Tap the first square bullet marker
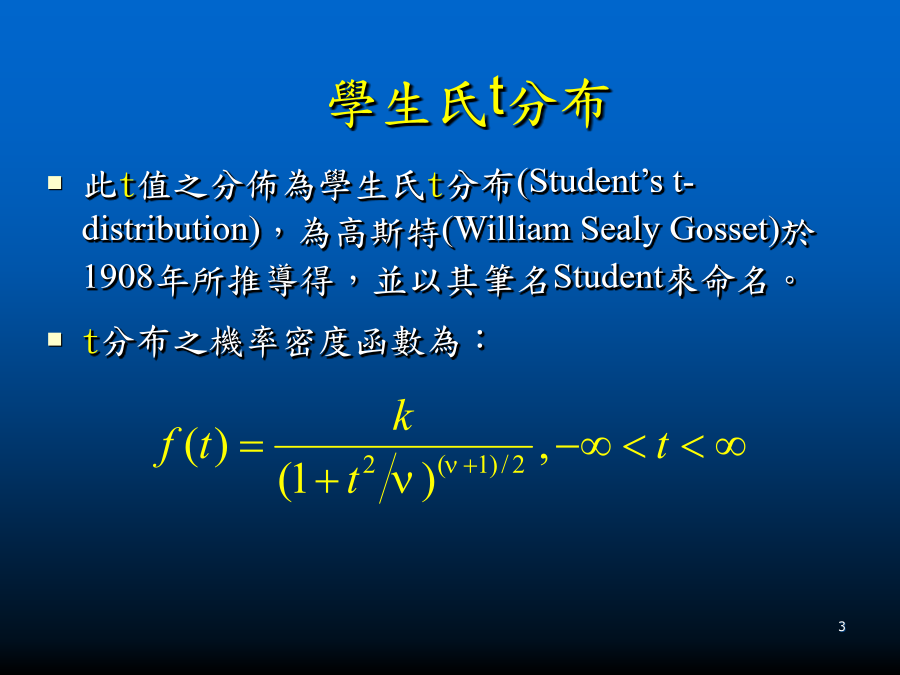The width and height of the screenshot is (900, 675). (55, 183)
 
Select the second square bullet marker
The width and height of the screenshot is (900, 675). (55, 339)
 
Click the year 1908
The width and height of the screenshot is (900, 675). (119, 277)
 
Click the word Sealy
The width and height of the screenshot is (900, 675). (620, 231)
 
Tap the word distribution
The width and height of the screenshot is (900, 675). (165, 229)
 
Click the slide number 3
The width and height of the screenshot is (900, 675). (842, 626)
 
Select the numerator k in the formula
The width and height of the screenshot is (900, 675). (403, 416)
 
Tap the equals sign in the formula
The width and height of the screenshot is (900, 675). (252, 447)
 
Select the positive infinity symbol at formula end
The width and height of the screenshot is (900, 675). (731, 446)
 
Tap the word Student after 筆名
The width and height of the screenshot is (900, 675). (608, 277)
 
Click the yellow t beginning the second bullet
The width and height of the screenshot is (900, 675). (92, 342)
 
